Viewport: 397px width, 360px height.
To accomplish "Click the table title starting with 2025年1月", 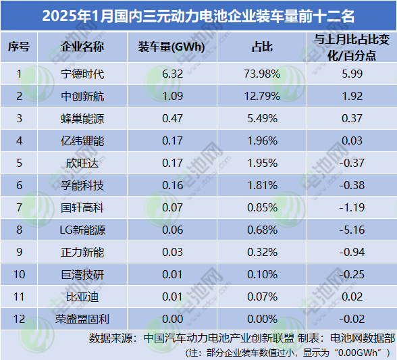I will tap(198, 14).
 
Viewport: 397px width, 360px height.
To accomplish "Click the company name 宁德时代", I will tap(82, 74).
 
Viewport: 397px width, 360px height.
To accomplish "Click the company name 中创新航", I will tap(82, 97).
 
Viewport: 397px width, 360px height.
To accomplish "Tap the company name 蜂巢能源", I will tap(82, 119).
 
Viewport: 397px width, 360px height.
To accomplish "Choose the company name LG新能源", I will tap(82, 230).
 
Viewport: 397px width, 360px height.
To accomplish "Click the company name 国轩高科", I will tap(82, 208).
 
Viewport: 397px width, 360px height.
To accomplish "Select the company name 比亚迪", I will tap(82, 297).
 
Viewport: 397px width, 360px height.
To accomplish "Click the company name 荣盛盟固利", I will tap(82, 318).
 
